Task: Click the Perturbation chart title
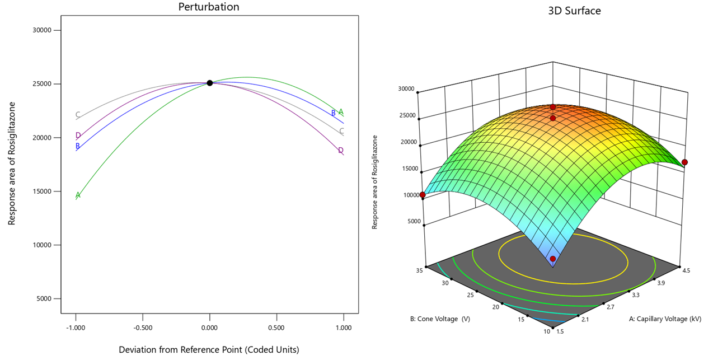pos(208,7)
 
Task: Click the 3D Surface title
pos(574,10)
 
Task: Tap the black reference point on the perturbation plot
pos(210,83)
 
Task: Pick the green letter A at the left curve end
pos(78,195)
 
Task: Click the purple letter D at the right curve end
pos(340,150)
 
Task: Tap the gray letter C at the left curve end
pos(78,115)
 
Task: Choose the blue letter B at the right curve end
pos(334,113)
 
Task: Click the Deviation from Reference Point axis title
pos(209,349)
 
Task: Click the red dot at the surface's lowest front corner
pos(553,259)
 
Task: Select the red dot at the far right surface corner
pos(684,162)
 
